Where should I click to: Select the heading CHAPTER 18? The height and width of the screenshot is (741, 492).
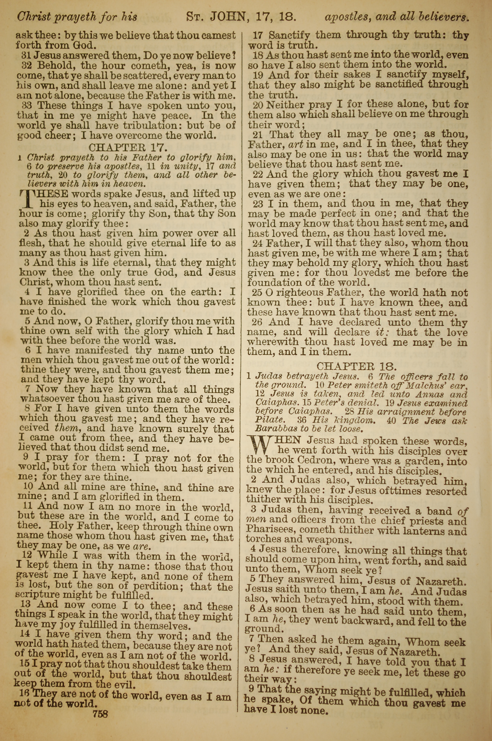click(x=357, y=366)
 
